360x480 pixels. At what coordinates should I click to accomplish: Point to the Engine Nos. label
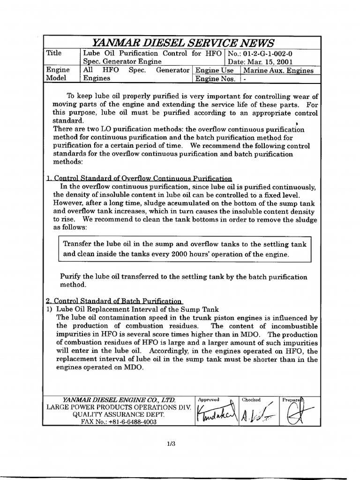click(x=215, y=79)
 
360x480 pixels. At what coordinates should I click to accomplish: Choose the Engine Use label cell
click(x=214, y=70)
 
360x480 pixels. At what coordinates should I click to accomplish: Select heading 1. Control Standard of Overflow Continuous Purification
click(x=139, y=178)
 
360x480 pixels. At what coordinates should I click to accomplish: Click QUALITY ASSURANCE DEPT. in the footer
click(x=119, y=414)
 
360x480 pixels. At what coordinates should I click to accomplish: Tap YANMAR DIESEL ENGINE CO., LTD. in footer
click(x=119, y=400)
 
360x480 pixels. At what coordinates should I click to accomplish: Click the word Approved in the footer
click(x=209, y=400)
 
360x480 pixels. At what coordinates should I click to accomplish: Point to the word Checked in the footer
click(x=251, y=400)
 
